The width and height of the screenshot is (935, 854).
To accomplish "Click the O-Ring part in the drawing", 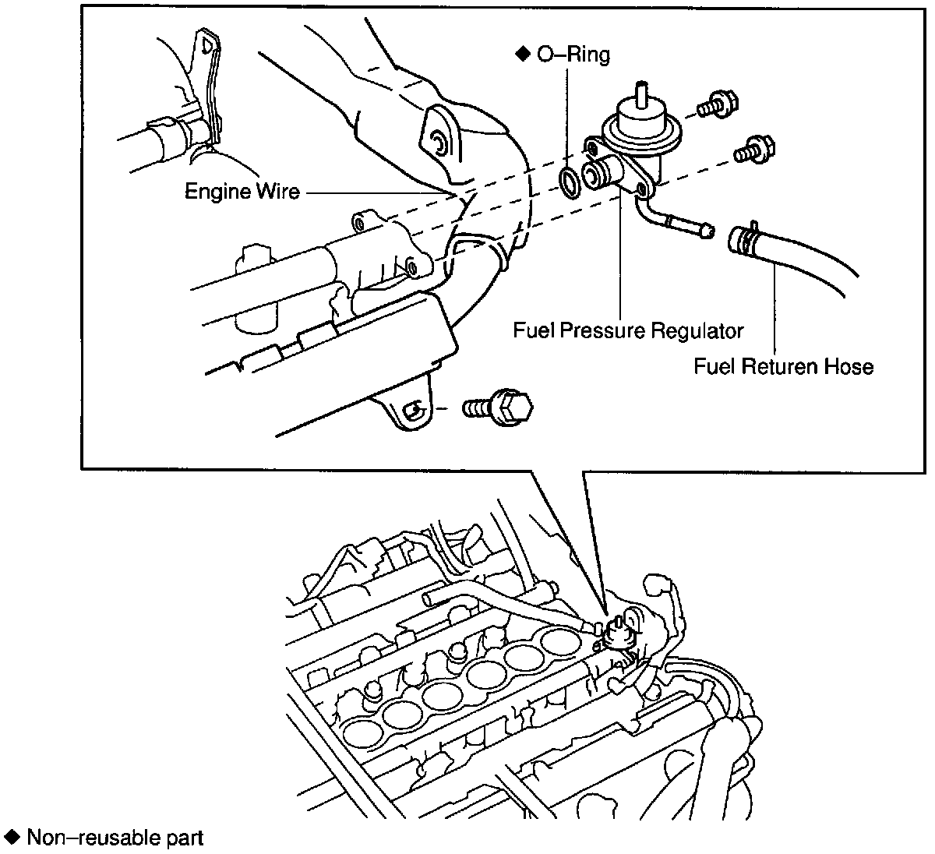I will point(570,182).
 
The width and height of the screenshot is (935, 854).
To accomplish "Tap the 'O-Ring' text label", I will point(573,55).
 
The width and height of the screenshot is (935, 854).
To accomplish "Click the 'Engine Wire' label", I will point(242,191).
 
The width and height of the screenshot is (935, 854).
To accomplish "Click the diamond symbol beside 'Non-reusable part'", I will point(12,838).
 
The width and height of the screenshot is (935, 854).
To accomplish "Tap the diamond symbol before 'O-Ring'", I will point(522,55).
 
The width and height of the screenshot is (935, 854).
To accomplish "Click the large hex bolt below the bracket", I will point(499,407).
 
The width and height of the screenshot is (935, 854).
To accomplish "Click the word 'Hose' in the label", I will point(851,365).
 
